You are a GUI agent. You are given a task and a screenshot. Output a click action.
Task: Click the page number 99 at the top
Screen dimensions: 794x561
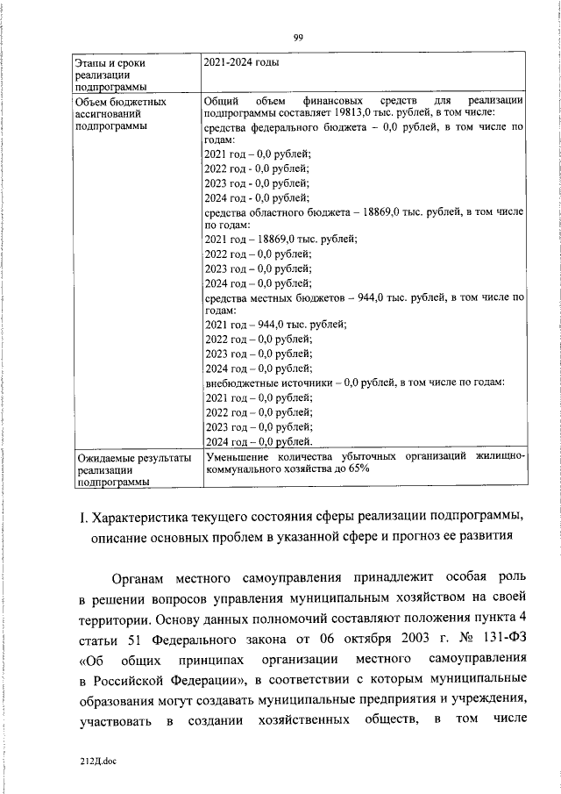pos(298,37)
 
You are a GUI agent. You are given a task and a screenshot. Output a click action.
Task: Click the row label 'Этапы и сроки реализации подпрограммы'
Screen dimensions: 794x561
pos(110,75)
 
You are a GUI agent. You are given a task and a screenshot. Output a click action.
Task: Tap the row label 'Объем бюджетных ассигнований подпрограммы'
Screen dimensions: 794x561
pos(110,113)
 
